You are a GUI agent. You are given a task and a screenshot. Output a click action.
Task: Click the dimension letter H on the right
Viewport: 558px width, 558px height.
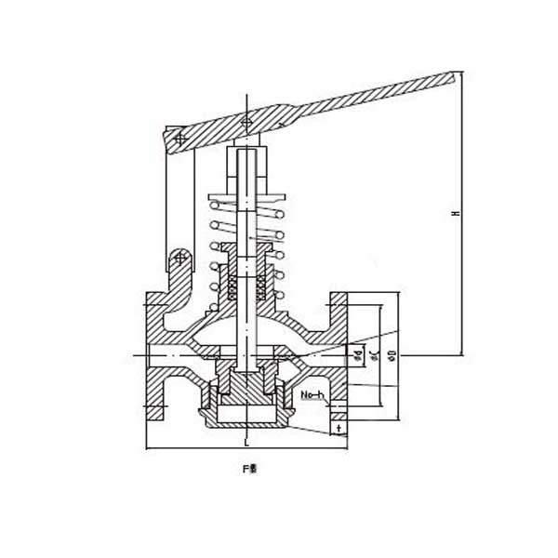coord(455,214)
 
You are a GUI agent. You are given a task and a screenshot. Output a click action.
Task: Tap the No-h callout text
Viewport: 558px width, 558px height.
coord(312,397)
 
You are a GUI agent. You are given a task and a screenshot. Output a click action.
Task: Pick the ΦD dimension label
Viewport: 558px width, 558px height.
coord(392,354)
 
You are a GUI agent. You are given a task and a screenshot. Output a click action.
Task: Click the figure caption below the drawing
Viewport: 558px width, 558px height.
coord(248,470)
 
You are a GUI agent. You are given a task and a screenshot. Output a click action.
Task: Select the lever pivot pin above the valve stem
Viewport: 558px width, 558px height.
coord(245,124)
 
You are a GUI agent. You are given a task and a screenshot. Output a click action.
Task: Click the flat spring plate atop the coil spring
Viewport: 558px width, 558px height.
coord(246,198)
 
